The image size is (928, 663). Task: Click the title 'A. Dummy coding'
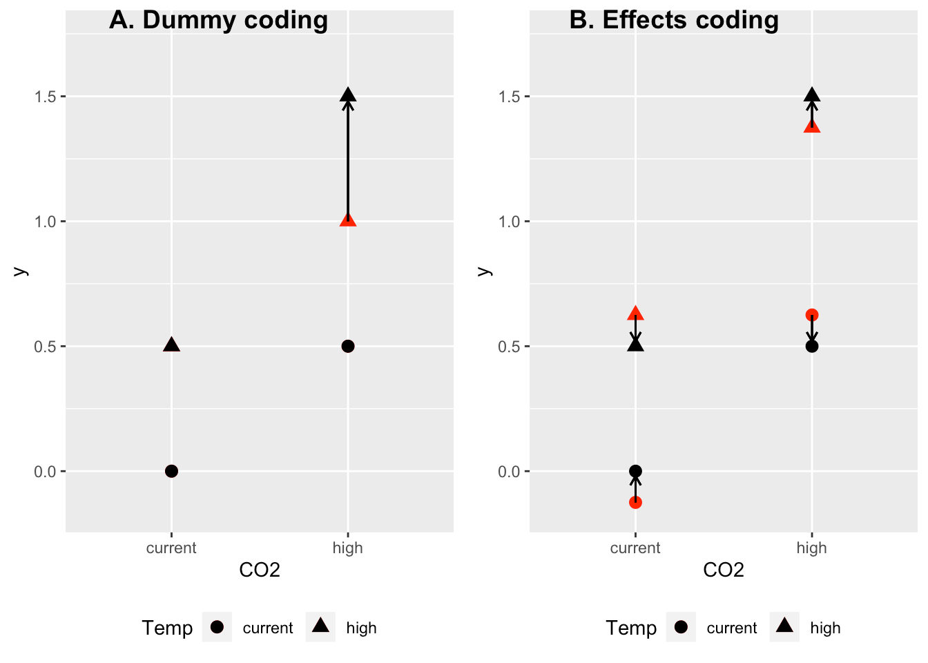click(218, 20)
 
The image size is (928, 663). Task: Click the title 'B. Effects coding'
click(674, 20)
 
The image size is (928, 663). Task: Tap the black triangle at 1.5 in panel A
click(348, 95)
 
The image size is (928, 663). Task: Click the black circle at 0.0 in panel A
click(172, 471)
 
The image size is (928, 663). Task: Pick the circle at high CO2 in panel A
click(348, 346)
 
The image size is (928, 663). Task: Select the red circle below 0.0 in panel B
click(635, 502)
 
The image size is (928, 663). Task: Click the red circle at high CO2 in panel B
click(812, 315)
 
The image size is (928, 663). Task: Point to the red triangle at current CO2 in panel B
click(635, 313)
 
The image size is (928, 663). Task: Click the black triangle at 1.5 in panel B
click(812, 95)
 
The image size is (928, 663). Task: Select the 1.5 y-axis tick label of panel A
click(46, 97)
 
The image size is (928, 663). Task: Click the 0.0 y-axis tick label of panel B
click(510, 472)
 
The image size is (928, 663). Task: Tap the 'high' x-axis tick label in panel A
click(347, 548)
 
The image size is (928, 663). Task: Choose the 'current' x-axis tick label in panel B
click(635, 548)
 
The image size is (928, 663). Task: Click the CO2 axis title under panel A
click(260, 570)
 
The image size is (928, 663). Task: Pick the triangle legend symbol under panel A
click(320, 626)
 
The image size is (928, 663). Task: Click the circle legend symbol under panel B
click(681, 627)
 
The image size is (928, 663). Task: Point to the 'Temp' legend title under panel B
click(631, 628)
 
